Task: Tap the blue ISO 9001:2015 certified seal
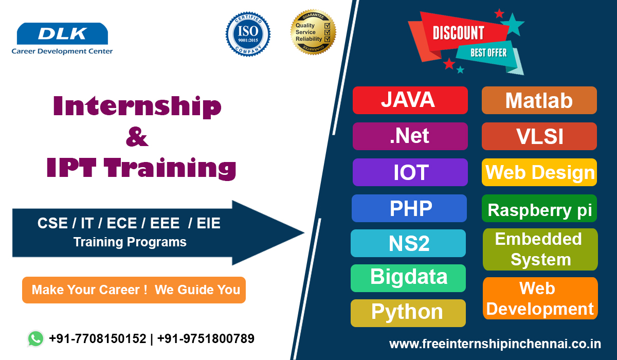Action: coord(248,34)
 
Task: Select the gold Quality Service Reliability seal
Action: coord(313,32)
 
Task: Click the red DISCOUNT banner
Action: coord(458,33)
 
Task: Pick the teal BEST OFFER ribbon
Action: coord(488,52)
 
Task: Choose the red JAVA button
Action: coord(410,100)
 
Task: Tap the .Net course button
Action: coord(410,136)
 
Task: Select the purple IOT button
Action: coord(410,172)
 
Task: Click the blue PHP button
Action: coord(409,208)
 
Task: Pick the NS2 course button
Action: coord(408,243)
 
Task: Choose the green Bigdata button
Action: coord(408,278)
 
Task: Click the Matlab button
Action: coord(539,100)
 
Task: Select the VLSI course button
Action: coord(539,136)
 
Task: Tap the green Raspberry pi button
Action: coord(539,209)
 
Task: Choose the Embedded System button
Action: coord(540,249)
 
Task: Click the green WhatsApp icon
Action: coord(35,338)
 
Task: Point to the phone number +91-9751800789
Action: coord(206,338)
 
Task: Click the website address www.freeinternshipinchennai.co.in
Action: coord(495,343)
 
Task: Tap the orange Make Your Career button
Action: coord(134,290)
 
